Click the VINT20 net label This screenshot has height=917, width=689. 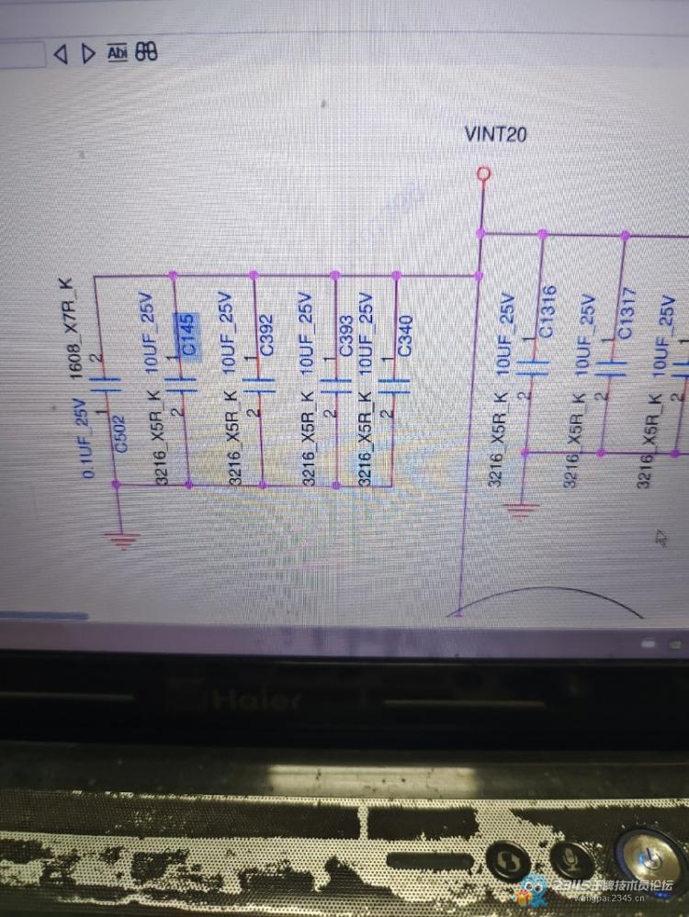point(496,135)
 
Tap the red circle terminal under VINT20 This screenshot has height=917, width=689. point(482,174)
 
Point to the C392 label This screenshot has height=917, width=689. point(265,337)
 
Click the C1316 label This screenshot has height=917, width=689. point(548,312)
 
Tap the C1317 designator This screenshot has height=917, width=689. point(626,317)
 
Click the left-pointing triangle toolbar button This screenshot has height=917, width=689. point(61,54)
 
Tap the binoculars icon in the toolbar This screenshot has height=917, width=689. point(146,52)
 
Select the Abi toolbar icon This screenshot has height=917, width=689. point(118,52)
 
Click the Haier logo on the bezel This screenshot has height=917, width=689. point(256,701)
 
